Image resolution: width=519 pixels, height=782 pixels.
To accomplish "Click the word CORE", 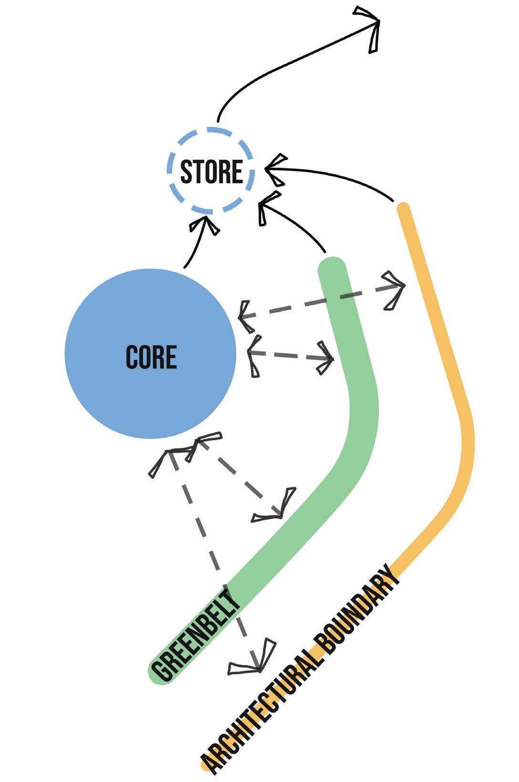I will click(151, 357).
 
